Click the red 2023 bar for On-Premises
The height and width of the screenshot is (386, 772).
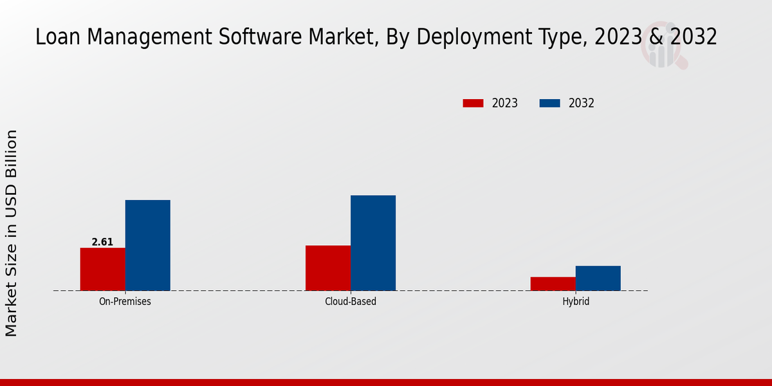click(x=102, y=269)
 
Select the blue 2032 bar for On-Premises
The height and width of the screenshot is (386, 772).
click(x=147, y=245)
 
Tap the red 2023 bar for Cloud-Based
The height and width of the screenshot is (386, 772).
click(x=328, y=268)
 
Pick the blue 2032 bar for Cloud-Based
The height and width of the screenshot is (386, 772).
click(x=373, y=243)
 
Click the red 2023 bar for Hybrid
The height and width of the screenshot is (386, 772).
click(x=553, y=284)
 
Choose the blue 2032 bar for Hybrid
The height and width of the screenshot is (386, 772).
click(x=598, y=278)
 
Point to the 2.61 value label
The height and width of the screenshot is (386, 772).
click(x=102, y=242)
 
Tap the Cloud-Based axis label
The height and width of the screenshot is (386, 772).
click(x=351, y=301)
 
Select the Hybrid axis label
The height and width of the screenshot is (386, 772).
click(x=576, y=301)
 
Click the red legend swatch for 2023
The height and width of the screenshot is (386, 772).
click(x=473, y=103)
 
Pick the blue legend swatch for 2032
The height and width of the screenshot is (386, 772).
click(x=549, y=103)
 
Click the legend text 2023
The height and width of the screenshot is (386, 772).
click(x=505, y=103)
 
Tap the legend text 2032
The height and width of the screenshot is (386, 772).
click(x=582, y=103)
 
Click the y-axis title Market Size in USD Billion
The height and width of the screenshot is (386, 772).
click(x=12, y=233)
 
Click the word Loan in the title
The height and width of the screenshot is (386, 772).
click(x=56, y=37)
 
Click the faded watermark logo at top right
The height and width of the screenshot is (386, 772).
click(x=663, y=49)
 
